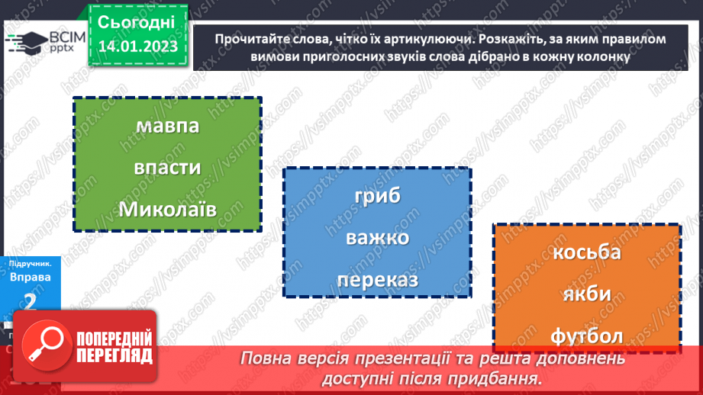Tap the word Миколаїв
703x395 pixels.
pos(167,208)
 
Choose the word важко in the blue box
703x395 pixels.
pos(377,238)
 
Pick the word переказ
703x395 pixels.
pos(377,280)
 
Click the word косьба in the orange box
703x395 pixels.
pos(586,252)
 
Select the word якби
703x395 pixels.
pos(587,294)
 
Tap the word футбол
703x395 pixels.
pos(586,336)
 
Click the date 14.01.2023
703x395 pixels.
pos(138,47)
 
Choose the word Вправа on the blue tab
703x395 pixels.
pos(31,277)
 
